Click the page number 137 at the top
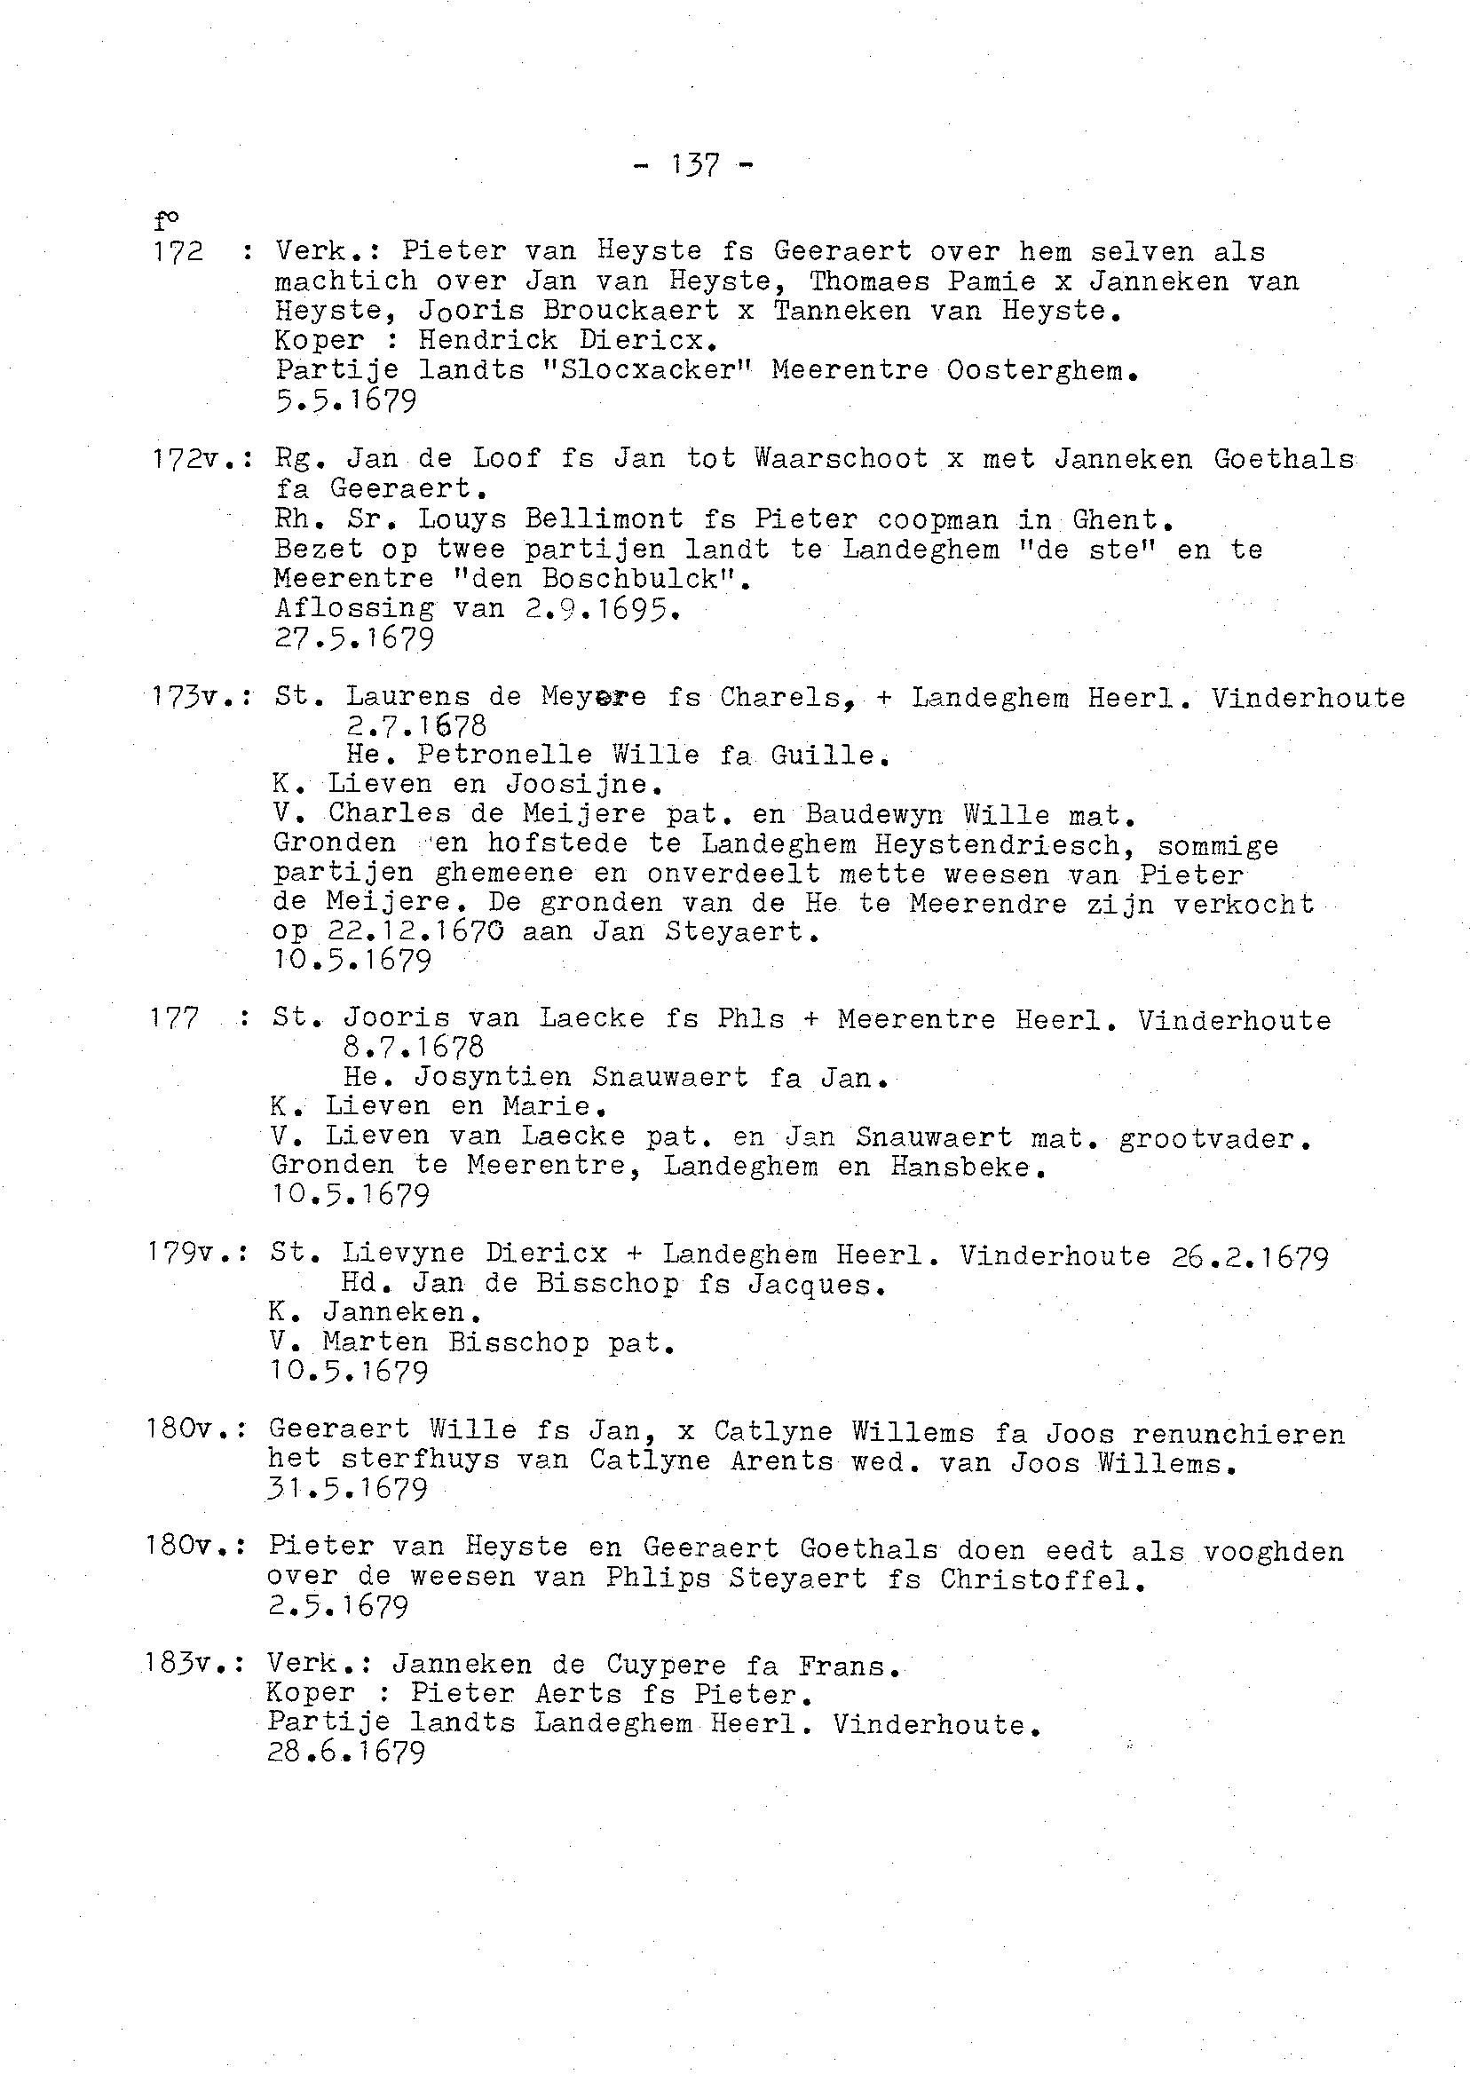(x=695, y=165)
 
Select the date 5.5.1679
(x=346, y=400)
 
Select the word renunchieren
(x=1237, y=1434)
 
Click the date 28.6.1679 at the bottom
(x=346, y=1753)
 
